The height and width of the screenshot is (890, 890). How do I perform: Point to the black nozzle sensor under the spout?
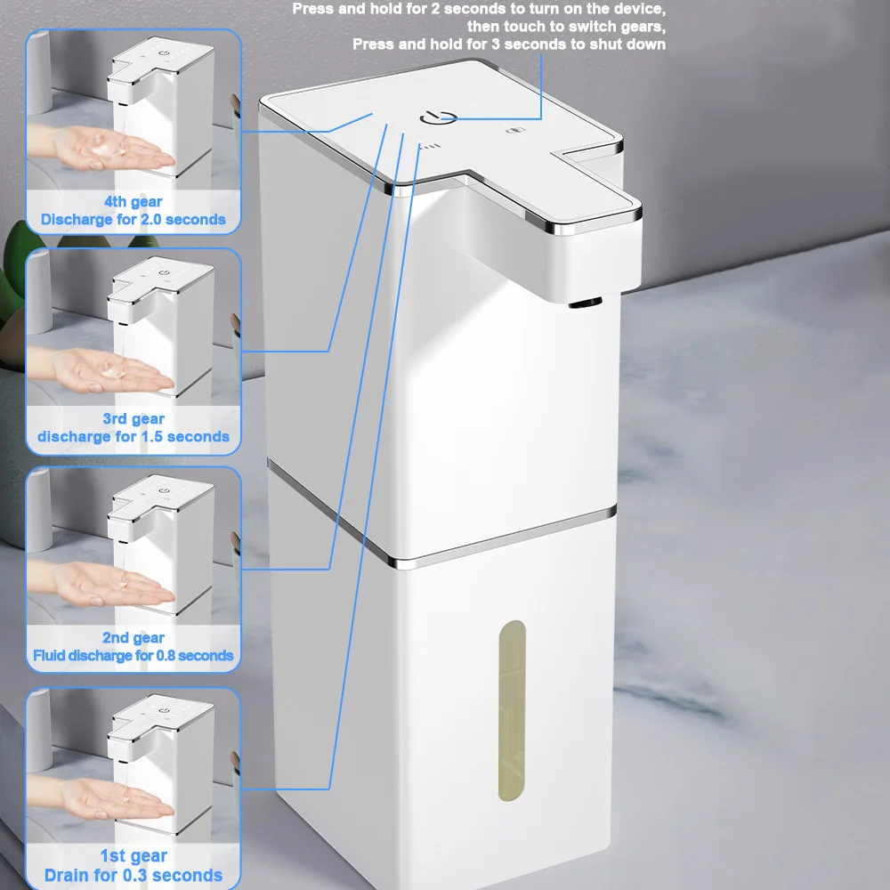(585, 305)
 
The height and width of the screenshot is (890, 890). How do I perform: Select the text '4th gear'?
(133, 202)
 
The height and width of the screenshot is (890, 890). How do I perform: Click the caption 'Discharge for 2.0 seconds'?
(133, 219)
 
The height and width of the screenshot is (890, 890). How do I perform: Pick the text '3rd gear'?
(133, 419)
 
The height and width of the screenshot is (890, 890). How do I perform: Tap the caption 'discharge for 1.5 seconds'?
(133, 436)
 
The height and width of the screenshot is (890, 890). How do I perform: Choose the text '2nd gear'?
(133, 637)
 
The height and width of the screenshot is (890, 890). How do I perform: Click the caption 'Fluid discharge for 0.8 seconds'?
(133, 655)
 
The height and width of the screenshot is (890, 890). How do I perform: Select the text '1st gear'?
(133, 856)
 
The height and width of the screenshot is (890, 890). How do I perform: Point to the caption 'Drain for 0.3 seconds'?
(133, 875)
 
